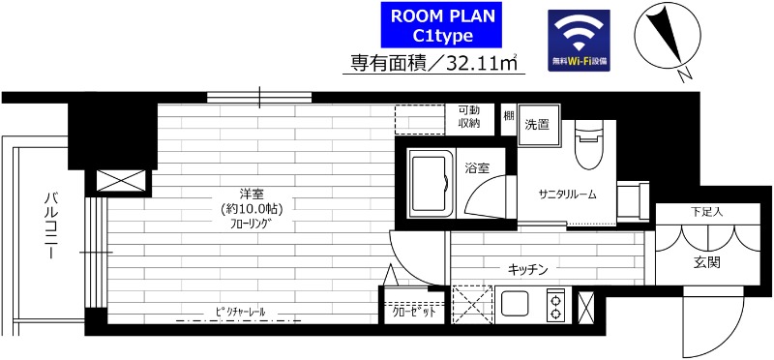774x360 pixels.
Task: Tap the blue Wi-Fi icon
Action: pos(579,39)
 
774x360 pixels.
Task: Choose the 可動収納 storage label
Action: pos(470,117)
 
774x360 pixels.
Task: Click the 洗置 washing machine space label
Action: pos(537,125)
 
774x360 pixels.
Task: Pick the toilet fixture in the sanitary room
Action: pos(587,145)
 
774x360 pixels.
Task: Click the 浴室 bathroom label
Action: pos(476,167)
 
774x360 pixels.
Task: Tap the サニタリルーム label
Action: pos(567,194)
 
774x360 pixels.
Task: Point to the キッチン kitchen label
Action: pos(529,268)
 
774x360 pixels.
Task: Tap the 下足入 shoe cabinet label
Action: pos(705,211)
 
